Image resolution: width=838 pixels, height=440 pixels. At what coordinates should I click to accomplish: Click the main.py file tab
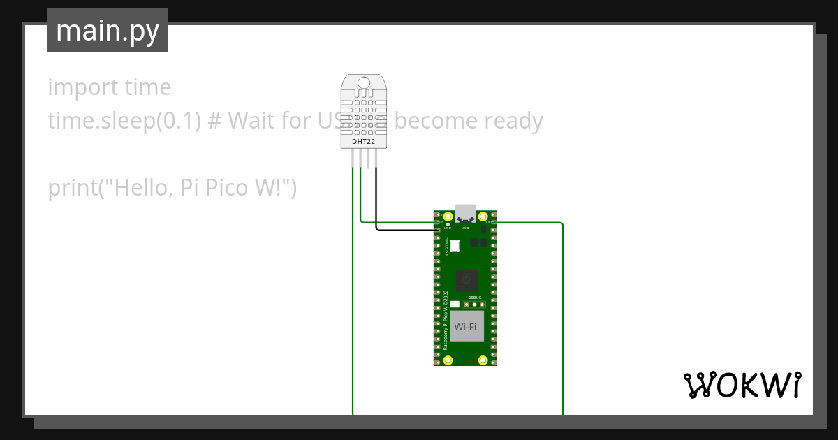(x=108, y=31)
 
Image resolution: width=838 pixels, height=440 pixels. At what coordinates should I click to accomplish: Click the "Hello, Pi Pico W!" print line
(x=172, y=188)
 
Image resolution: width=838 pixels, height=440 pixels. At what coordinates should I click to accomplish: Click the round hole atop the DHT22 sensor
(x=364, y=84)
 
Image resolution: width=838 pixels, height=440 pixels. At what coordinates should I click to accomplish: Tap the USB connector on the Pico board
(x=465, y=212)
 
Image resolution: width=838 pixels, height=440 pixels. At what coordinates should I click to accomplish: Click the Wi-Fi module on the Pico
(x=466, y=326)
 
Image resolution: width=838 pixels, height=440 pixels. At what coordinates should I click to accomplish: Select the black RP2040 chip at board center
(x=466, y=281)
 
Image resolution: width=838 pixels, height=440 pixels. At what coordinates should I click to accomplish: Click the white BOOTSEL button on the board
(x=455, y=246)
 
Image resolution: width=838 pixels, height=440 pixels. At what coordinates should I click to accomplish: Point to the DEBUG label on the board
(x=475, y=298)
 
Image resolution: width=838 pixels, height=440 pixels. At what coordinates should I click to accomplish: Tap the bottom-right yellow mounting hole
(x=483, y=360)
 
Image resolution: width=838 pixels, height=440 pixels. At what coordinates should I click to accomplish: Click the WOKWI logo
(x=742, y=385)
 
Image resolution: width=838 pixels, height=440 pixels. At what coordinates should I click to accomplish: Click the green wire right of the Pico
(x=562, y=314)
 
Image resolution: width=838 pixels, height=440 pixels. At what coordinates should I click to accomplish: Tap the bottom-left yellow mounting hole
(x=448, y=360)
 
